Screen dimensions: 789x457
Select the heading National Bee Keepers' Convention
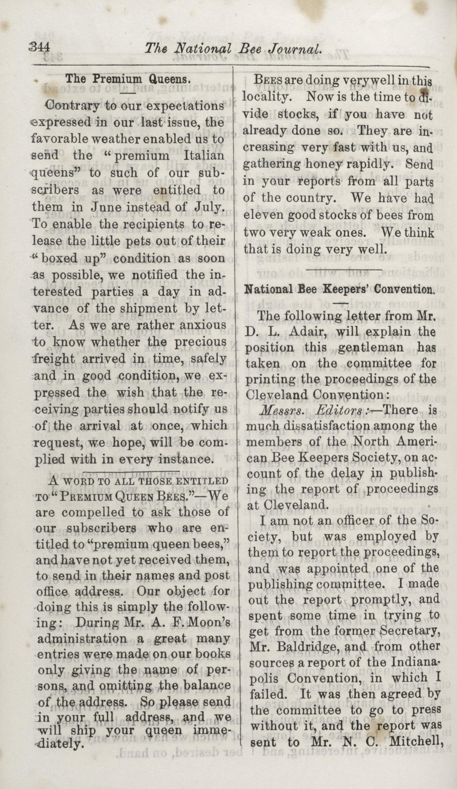pos(339,289)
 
